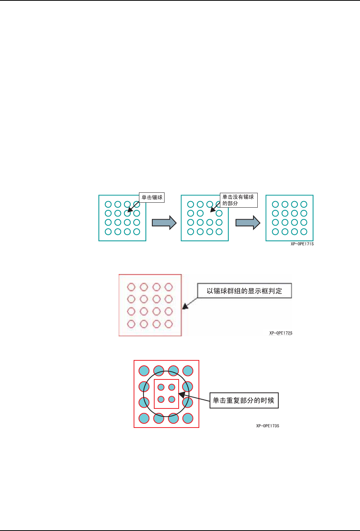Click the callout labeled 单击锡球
pos(152,197)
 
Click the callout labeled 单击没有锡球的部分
pos(239,200)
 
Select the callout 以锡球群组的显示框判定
pos(244,291)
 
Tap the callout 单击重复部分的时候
pos(244,400)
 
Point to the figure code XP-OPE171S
pos(302,244)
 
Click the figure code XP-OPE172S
pos(281,333)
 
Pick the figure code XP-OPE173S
pos(268,426)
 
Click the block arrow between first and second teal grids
pos(164,223)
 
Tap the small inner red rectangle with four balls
pos(166,394)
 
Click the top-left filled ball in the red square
pos(144,371)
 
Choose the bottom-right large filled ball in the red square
pos(188,418)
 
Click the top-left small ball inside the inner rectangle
pos(161,387)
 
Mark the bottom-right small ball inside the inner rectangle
pos(172,399)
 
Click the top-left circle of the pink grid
pos(131,287)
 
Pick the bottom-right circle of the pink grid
pos(169,324)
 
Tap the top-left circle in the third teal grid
pos(275,204)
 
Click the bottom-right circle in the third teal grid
pos(304,232)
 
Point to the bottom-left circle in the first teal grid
pos(108,232)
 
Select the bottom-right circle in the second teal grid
pos(219,232)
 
